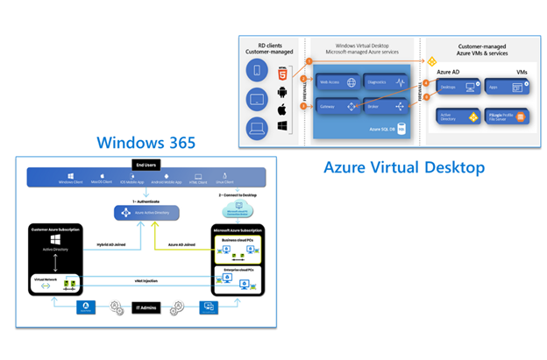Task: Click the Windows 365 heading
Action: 146,143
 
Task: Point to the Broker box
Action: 386,107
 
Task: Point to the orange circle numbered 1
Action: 309,61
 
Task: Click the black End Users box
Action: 146,164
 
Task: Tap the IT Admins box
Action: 145,307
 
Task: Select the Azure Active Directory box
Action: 146,211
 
